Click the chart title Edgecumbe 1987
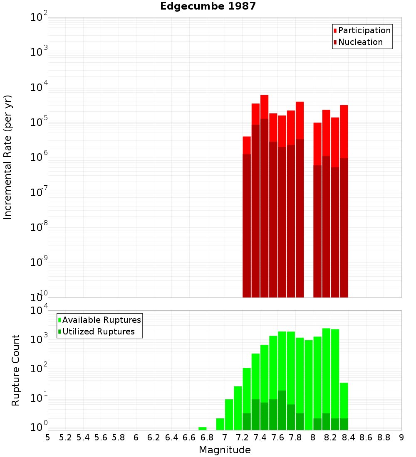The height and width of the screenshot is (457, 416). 208,7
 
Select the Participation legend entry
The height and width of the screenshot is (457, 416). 364,30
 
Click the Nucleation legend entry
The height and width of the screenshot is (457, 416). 360,42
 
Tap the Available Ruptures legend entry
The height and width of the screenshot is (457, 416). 101,320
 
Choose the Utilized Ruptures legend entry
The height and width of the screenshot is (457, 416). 98,332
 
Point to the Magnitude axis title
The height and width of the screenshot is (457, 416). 225,450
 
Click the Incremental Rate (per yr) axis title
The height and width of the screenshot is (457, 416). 8,157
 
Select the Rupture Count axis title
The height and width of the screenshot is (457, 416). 16,370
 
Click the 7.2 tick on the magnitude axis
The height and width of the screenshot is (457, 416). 243,437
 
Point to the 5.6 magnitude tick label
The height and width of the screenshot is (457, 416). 101,437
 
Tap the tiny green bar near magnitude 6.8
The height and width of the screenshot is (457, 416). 203,428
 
